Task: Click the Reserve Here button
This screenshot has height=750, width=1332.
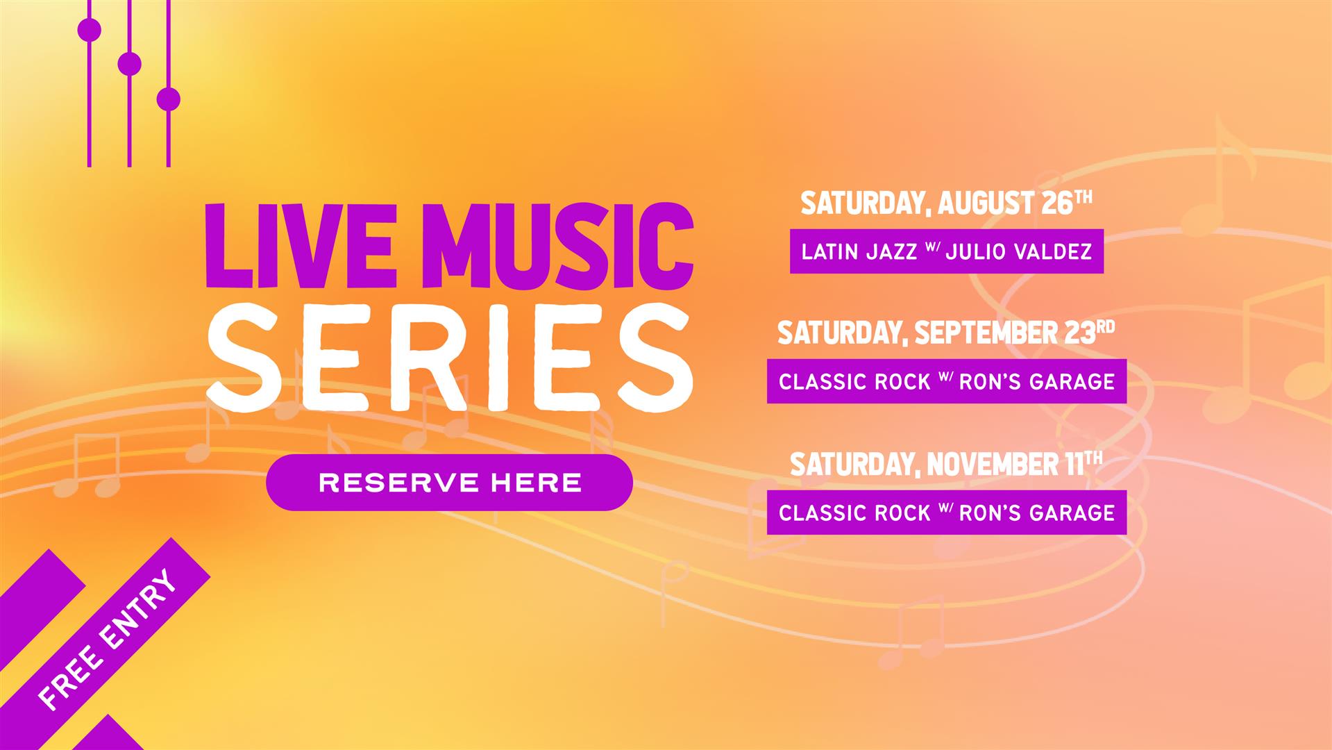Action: tap(449, 483)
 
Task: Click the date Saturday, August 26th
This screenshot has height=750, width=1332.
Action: tap(946, 203)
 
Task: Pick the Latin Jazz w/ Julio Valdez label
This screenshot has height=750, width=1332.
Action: tap(947, 251)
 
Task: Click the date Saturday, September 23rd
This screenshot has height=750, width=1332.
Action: tap(946, 333)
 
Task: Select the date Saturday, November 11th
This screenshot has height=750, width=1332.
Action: tap(946, 464)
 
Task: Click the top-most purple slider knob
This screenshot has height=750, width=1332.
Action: tap(90, 31)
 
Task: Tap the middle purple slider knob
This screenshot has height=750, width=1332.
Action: tap(130, 64)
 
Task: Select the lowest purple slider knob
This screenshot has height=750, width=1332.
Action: tap(169, 99)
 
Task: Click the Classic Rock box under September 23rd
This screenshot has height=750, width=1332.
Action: tap(947, 381)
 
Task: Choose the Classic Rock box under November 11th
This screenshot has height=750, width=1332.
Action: tap(947, 512)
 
